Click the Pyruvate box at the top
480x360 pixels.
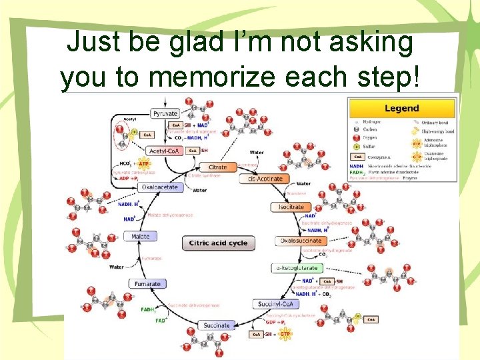[165, 114]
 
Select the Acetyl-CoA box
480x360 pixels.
[163, 151]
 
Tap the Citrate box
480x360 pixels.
[218, 167]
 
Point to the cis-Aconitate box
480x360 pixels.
[265, 179]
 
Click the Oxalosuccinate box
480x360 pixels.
[301, 241]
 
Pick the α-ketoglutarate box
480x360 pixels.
[297, 268]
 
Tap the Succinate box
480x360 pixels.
[216, 325]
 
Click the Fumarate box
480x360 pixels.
[147, 284]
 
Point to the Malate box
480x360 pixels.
[140, 237]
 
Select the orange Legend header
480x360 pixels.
[402, 108]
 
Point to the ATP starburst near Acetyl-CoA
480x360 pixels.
[142, 163]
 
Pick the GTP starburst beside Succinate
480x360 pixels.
[285, 333]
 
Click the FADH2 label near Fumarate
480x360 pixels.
[148, 309]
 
